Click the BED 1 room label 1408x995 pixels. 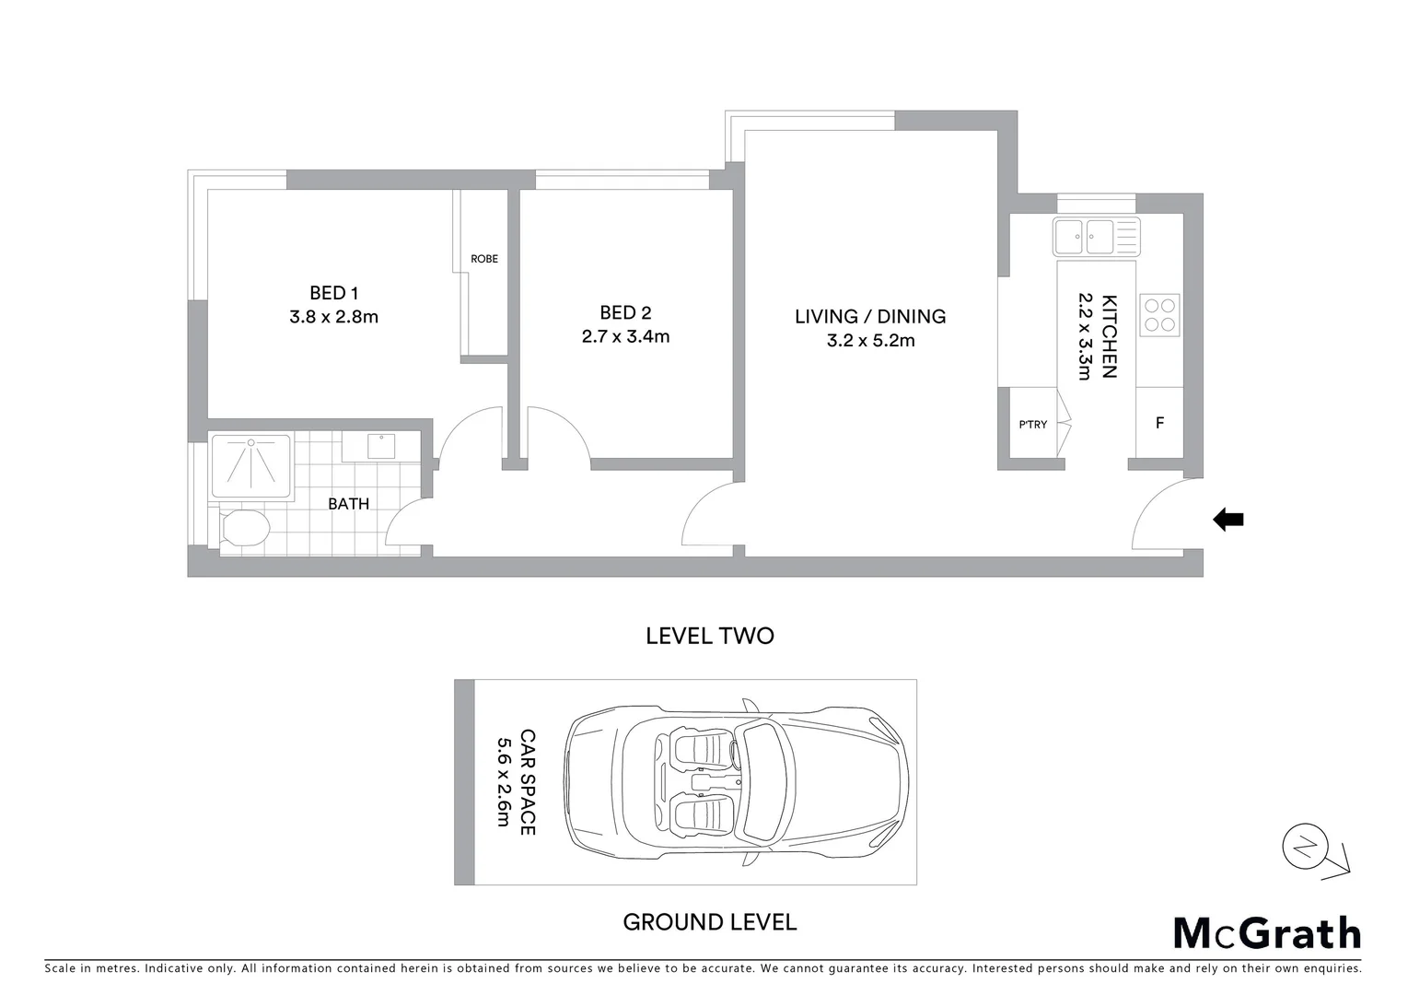coord(333,293)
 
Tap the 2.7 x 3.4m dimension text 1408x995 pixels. coord(625,337)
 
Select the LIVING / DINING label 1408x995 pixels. coord(870,316)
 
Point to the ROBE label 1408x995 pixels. coord(484,259)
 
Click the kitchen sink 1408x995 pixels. coord(1096,237)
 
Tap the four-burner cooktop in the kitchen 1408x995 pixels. coord(1159,314)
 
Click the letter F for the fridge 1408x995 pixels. coord(1159,423)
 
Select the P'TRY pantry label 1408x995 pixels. coord(1032,425)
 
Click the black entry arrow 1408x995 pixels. coord(1228,520)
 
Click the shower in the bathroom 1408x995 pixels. coord(250,465)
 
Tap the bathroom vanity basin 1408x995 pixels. coord(380,446)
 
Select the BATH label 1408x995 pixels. coord(348,504)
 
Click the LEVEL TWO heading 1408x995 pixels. coord(709,636)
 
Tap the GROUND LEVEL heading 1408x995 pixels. coord(709,922)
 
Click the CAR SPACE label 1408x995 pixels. coord(528,782)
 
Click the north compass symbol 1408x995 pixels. coord(1306,846)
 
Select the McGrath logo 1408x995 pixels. coord(1266,933)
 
